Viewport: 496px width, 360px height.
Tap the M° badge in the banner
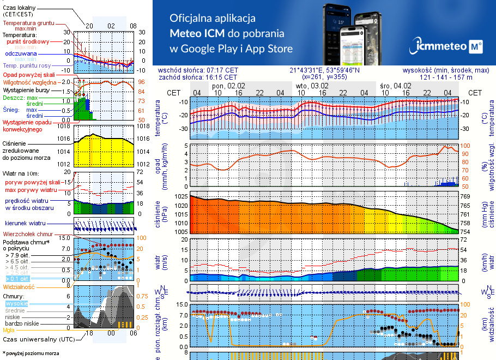coord(475,47)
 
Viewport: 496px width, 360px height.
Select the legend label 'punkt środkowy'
coord(28,41)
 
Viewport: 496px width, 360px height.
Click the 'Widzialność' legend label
coord(19,286)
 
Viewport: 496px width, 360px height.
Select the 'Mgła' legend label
coord(9,330)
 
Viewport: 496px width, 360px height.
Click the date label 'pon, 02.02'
coord(228,86)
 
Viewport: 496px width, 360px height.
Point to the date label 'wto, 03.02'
coord(312,86)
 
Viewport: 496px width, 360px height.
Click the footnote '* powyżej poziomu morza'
coord(31,353)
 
